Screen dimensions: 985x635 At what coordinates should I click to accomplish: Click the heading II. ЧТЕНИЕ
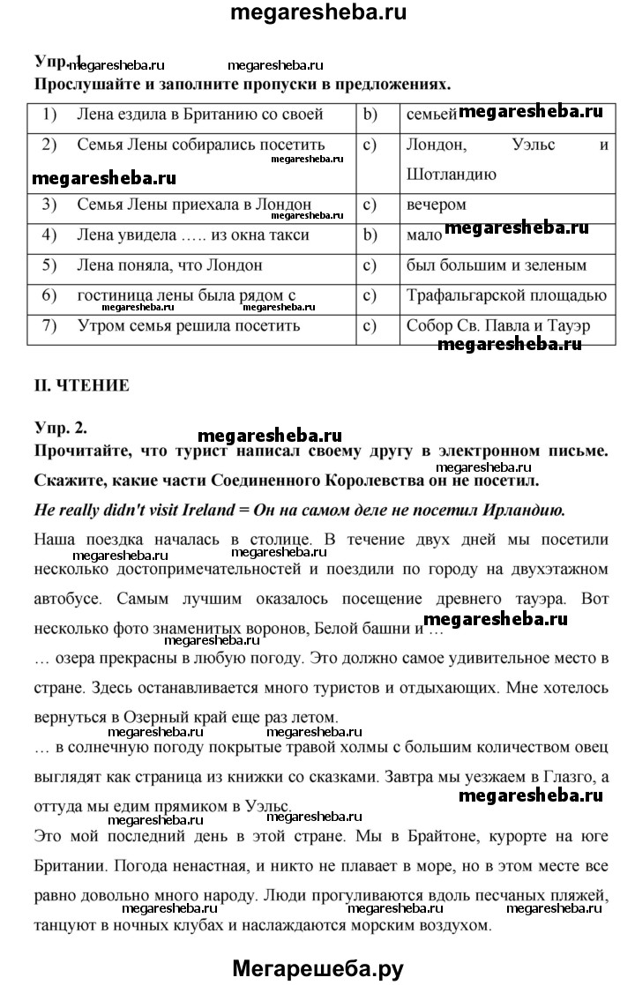pyautogui.click(x=81, y=384)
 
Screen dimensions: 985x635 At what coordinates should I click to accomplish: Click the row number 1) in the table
pyautogui.click(x=49, y=114)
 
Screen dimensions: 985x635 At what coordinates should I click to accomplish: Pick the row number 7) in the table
pyautogui.click(x=49, y=325)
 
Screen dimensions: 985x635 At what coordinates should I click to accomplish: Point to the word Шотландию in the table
pyautogui.click(x=452, y=174)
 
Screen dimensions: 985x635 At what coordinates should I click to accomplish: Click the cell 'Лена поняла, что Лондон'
pyautogui.click(x=169, y=265)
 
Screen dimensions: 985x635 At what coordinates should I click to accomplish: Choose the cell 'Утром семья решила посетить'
pyautogui.click(x=189, y=325)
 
